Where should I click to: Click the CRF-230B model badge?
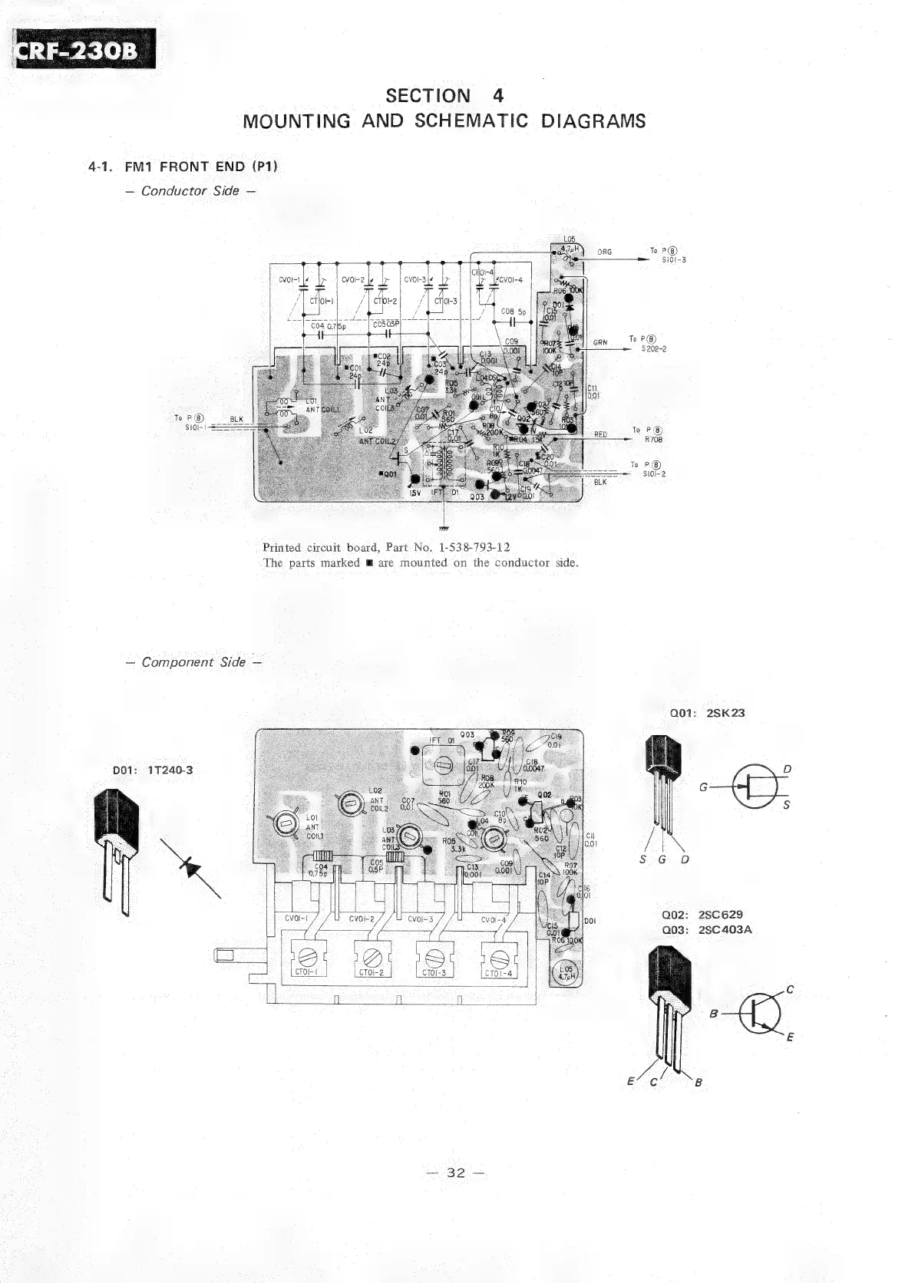84,49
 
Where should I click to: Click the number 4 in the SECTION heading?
499,96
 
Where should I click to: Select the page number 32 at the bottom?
457,1173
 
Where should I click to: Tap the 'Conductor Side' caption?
190,191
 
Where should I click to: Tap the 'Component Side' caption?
193,662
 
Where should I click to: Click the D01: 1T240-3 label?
153,770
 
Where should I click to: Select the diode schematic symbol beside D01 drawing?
189,867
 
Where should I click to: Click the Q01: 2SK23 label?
707,712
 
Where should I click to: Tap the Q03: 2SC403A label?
706,930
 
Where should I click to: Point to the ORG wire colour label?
604,252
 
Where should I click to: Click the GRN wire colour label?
600,343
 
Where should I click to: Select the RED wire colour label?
600,434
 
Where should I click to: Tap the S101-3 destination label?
673,260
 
